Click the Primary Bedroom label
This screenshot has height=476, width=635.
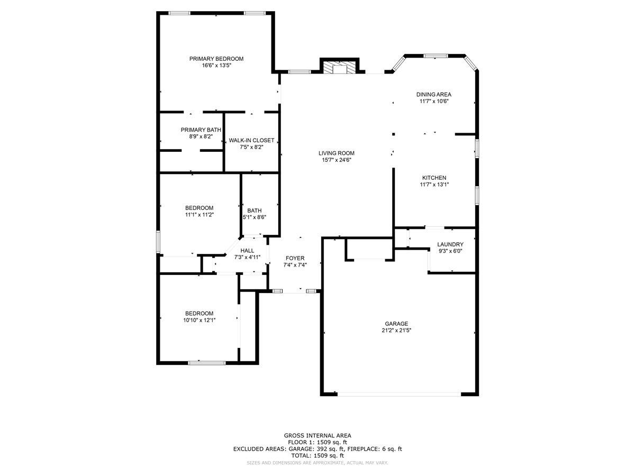[x=216, y=59]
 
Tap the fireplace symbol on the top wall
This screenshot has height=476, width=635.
[x=339, y=68]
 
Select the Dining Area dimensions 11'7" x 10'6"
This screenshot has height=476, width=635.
[x=433, y=102]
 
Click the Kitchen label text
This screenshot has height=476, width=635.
[x=434, y=178]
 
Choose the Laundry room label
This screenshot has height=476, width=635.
[x=450, y=244]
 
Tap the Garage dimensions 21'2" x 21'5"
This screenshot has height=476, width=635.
[x=396, y=331]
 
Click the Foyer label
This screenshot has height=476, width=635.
[x=295, y=258]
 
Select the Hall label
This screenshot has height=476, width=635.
[x=247, y=251]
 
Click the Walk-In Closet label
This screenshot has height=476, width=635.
[x=251, y=140]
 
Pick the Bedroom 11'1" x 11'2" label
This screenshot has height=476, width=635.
[x=199, y=208]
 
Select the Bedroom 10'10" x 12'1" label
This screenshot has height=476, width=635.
[x=199, y=313]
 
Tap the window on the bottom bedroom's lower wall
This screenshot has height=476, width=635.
[x=207, y=363]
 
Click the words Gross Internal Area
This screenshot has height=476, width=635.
[x=317, y=435]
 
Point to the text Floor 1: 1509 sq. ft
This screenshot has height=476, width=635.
[x=317, y=442]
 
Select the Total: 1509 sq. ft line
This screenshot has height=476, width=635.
[x=317, y=455]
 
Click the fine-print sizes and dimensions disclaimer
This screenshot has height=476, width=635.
[x=317, y=463]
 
